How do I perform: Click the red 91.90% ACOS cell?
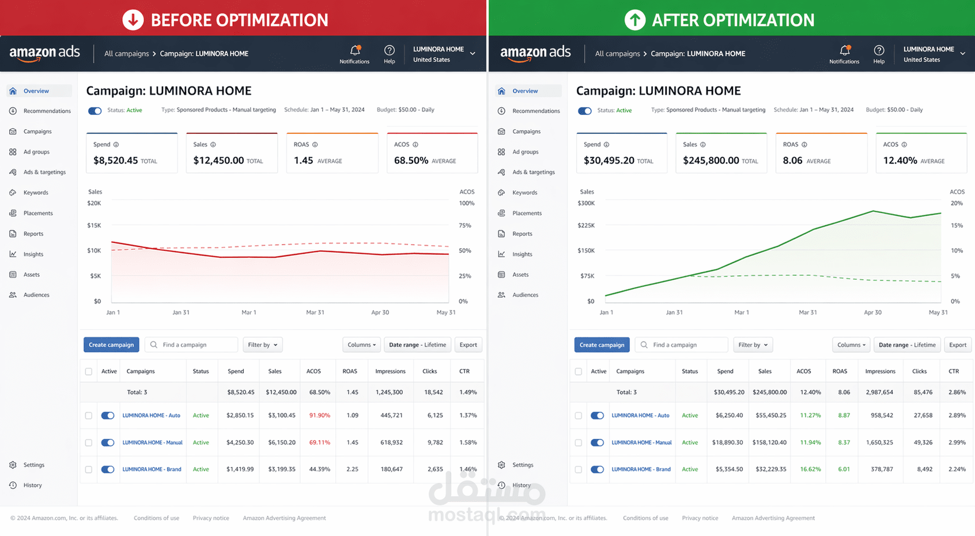click(319, 415)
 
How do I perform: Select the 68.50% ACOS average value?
click(411, 160)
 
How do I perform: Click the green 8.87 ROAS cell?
click(844, 415)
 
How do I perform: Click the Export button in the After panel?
click(957, 345)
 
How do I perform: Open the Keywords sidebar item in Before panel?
click(36, 193)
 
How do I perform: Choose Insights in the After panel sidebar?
click(522, 254)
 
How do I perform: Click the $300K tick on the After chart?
click(586, 203)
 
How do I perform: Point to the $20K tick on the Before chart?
click(94, 203)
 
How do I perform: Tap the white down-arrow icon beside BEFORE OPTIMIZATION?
click(133, 20)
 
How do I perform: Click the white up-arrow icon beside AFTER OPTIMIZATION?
click(635, 20)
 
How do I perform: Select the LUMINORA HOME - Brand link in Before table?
click(152, 470)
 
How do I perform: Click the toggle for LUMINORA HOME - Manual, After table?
click(597, 443)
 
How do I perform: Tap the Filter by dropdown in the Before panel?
click(262, 345)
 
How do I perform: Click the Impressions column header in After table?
click(880, 372)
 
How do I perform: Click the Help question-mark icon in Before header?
click(390, 51)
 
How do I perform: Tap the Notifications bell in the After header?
click(844, 51)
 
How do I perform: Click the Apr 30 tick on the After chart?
click(872, 312)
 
